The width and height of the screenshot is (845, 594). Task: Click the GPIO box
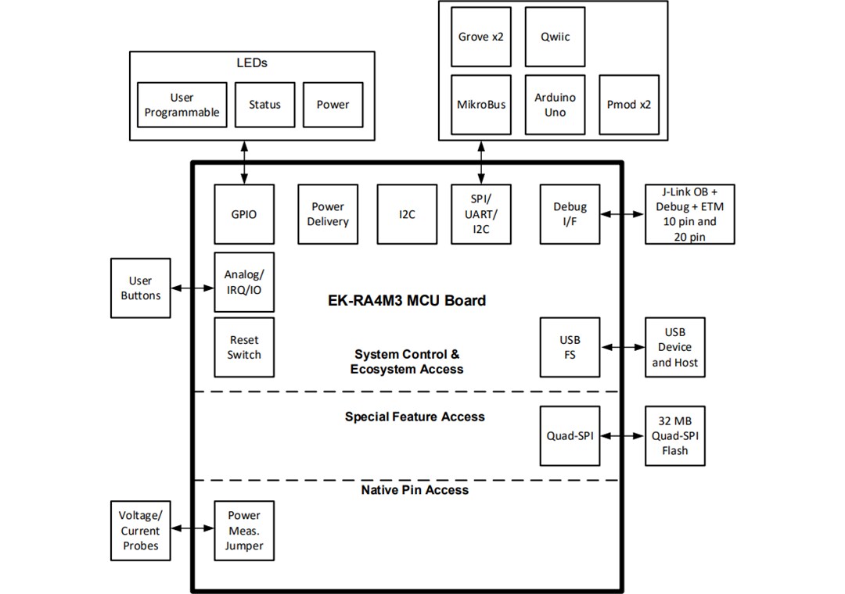(x=244, y=214)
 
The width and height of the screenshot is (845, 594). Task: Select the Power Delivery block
(x=328, y=214)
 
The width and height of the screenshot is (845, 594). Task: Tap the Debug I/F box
(x=570, y=214)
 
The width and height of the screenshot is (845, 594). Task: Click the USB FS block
(x=570, y=347)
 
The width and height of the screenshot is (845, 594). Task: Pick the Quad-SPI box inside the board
(x=570, y=435)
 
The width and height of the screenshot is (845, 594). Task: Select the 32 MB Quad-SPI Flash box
(x=674, y=435)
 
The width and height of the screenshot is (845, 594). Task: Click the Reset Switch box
(x=244, y=347)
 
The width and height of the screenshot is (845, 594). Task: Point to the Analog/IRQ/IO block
(x=244, y=282)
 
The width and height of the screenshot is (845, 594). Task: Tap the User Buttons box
(x=141, y=288)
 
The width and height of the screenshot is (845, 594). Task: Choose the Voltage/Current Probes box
(x=141, y=531)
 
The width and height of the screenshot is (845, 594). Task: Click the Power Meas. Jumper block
(x=244, y=531)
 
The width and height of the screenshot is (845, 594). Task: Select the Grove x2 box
(x=481, y=37)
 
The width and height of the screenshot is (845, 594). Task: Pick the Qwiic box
(x=555, y=37)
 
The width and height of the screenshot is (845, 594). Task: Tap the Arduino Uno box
(x=555, y=105)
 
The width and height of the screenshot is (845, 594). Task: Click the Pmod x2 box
(x=628, y=105)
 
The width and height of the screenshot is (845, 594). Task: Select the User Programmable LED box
(x=182, y=105)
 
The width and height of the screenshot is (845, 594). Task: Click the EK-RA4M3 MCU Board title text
(x=407, y=300)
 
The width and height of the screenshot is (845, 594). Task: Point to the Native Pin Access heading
(x=415, y=490)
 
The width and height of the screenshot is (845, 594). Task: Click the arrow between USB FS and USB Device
(x=623, y=347)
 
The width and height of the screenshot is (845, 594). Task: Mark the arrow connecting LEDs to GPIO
(x=244, y=163)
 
